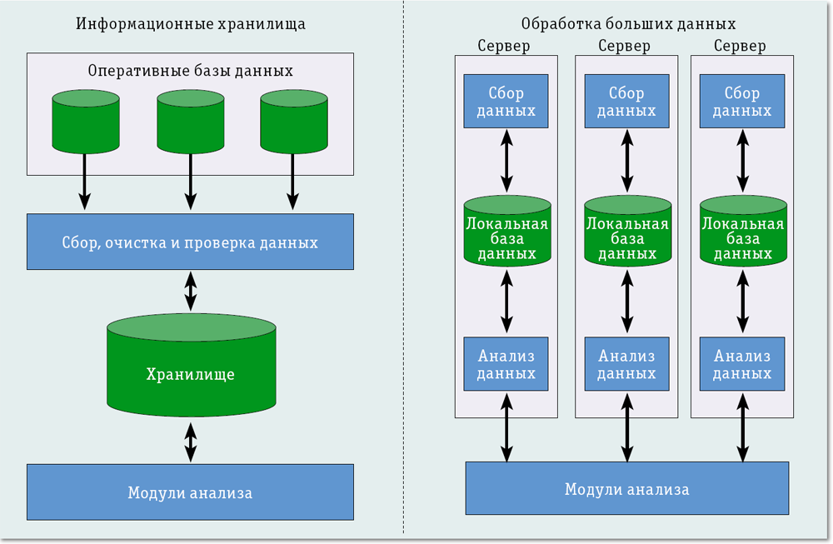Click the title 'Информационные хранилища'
(x=191, y=23)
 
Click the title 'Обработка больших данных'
(x=628, y=23)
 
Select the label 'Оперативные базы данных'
(x=191, y=71)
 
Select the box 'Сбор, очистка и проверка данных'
(x=190, y=242)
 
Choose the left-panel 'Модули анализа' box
(x=190, y=492)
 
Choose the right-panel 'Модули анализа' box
(x=626, y=488)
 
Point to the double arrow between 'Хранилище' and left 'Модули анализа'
(x=191, y=442)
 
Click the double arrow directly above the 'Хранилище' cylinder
(x=191, y=291)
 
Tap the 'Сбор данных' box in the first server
(x=506, y=101)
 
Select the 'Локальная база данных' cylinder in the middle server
(x=627, y=232)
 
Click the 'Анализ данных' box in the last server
(x=742, y=364)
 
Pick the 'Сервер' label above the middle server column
(x=626, y=46)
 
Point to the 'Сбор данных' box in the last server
(x=742, y=101)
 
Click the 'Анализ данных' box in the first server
(x=506, y=364)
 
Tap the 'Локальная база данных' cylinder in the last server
(x=742, y=232)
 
